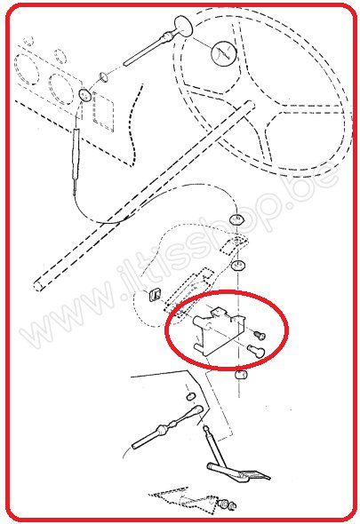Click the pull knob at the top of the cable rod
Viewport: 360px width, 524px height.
[184, 26]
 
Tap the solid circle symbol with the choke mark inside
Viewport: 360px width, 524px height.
[224, 52]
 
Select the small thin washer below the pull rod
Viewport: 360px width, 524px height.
[103, 77]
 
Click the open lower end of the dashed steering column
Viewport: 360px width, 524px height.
[39, 286]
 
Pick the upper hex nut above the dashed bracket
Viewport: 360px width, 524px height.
[236, 219]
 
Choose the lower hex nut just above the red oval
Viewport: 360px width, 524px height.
[238, 266]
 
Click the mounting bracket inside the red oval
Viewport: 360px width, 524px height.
[218, 330]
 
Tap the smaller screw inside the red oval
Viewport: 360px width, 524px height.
[260, 334]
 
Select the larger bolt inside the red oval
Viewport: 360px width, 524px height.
[256, 351]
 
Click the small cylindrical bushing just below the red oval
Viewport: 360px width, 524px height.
[241, 375]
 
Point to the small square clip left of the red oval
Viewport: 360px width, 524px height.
[155, 294]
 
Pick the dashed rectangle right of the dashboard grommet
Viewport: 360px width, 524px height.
[103, 111]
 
